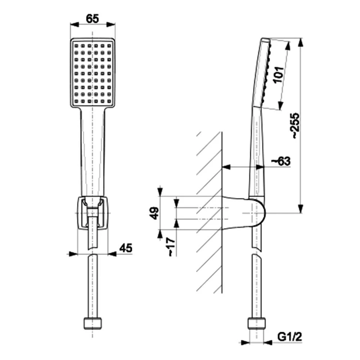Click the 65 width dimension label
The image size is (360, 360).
92,19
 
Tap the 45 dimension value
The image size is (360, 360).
126,248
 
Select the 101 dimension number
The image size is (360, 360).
278,75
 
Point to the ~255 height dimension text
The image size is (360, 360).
296,126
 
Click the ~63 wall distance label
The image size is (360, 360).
281,161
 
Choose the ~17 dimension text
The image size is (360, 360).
172,247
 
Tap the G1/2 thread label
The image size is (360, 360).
289,337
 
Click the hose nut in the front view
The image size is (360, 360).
92,323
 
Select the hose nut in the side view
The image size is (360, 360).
257,323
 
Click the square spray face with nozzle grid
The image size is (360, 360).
92,73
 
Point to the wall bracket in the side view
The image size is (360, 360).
244,213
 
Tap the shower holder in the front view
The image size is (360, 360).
92,213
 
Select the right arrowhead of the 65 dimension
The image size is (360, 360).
111,25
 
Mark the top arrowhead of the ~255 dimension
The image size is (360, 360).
301,42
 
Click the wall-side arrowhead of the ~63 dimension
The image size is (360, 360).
226,167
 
